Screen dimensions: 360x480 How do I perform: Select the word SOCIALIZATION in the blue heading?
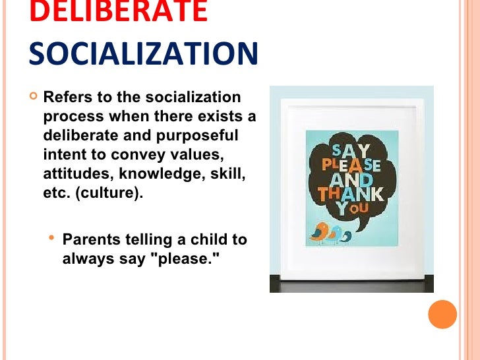click(143, 53)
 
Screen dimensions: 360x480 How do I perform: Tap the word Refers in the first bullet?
click(65, 98)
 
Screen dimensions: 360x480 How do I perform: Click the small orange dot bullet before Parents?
click(51, 237)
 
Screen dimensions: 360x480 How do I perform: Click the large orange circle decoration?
click(442, 314)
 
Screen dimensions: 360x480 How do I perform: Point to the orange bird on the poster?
click(320, 231)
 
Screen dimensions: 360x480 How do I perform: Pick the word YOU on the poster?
click(349, 209)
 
